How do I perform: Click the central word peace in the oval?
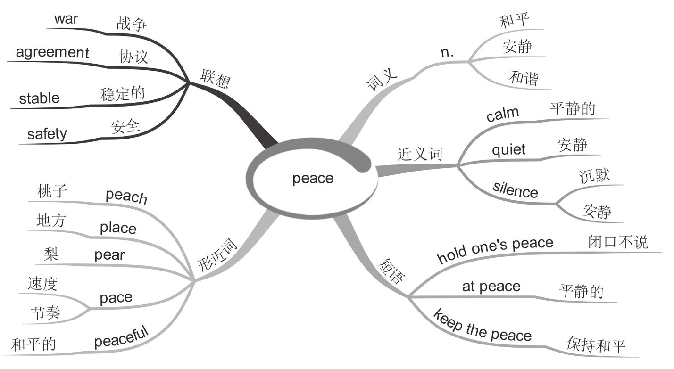click(313, 179)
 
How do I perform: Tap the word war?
click(67, 19)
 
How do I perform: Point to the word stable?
click(39, 98)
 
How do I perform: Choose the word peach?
click(126, 196)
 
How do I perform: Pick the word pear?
click(109, 255)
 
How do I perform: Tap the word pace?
click(116, 297)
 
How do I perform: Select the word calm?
click(502, 114)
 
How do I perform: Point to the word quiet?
click(508, 149)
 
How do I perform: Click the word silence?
click(515, 189)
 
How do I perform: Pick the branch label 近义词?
click(420, 154)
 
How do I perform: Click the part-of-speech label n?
click(447, 53)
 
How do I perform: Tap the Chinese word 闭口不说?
click(618, 241)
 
